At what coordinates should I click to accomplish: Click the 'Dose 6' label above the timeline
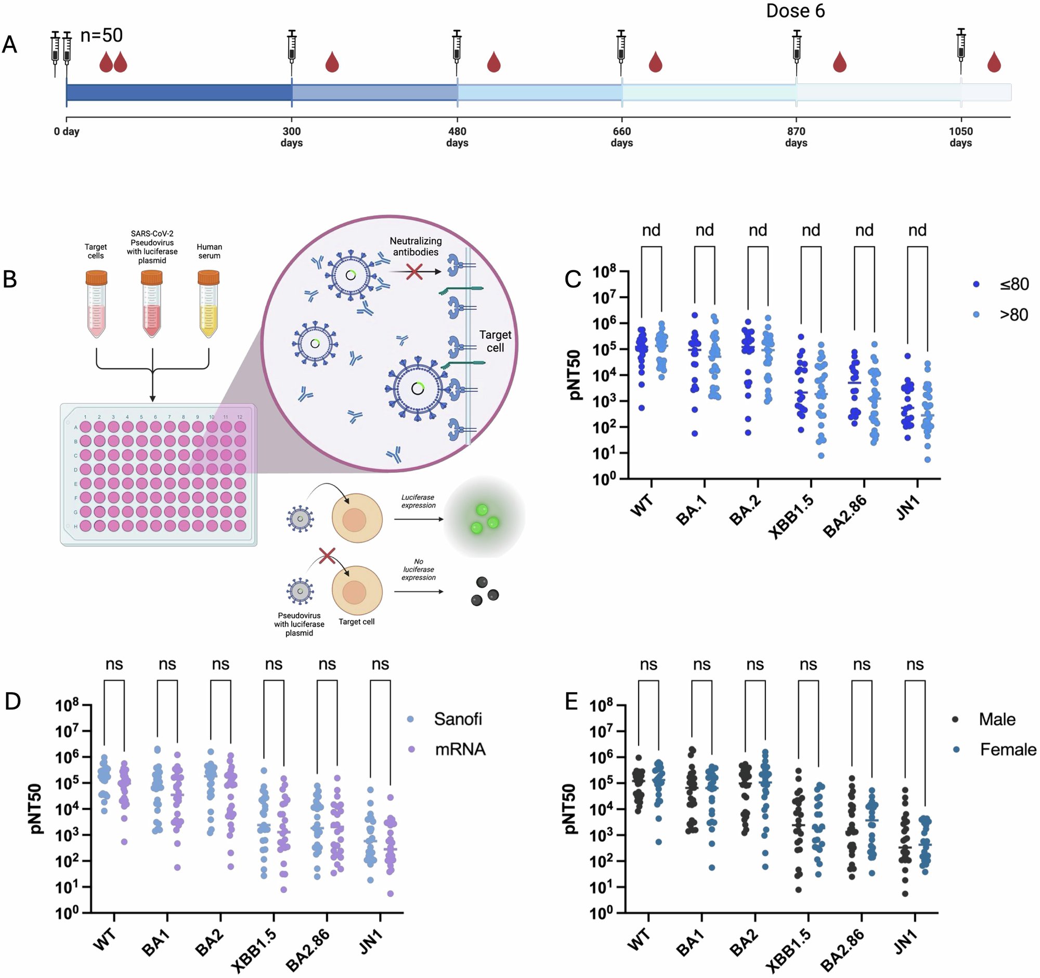click(795, 11)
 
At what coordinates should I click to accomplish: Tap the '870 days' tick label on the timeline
click(796, 137)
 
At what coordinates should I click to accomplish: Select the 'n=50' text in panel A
click(101, 35)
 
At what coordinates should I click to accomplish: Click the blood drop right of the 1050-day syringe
click(994, 62)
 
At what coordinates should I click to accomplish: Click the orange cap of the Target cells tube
click(96, 277)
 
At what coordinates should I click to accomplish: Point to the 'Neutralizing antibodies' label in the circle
click(415, 246)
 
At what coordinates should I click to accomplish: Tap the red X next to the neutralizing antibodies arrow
click(414, 272)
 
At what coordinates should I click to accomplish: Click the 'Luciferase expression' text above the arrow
click(418, 501)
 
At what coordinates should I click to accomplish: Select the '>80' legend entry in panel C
click(1013, 315)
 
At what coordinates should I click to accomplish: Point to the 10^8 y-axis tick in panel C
click(604, 272)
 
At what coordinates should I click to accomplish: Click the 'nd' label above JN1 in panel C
click(917, 230)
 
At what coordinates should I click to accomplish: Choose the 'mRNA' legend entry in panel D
click(460, 749)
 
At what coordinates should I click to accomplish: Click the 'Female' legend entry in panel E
click(1007, 749)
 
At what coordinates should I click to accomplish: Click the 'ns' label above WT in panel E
click(648, 664)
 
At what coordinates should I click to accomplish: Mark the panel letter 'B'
click(10, 279)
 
